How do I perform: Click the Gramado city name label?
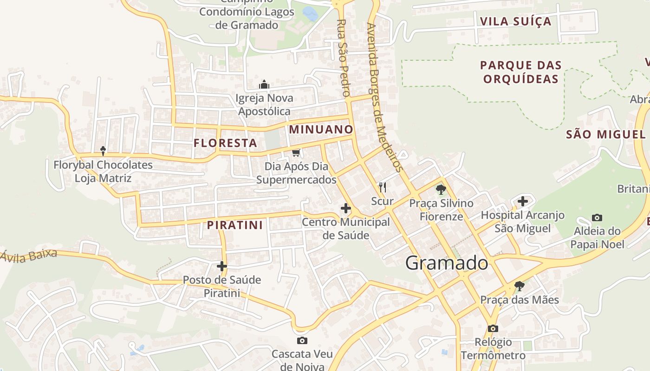pos(447,263)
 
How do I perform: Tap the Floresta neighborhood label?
pos(226,143)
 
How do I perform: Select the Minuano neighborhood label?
pos(321,129)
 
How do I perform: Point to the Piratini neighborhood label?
pos(235,225)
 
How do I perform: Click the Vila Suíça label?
pos(515,21)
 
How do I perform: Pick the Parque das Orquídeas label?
pos(520,72)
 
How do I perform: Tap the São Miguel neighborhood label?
pos(605,134)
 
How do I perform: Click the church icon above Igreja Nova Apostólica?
pos(264,84)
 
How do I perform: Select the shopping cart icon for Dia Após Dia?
pos(296,152)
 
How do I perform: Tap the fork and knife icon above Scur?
pos(383,187)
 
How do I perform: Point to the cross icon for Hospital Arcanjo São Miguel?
pos(523,201)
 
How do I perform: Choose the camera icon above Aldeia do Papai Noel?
pos(597,217)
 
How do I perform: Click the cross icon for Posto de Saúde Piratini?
pos(222,266)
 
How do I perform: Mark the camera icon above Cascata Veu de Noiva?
pos(302,341)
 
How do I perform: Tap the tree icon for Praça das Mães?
pos(519,286)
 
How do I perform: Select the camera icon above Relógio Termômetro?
pos(493,329)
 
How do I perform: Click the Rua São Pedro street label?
pos(342,58)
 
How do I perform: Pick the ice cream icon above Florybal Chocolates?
pos(103,151)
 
